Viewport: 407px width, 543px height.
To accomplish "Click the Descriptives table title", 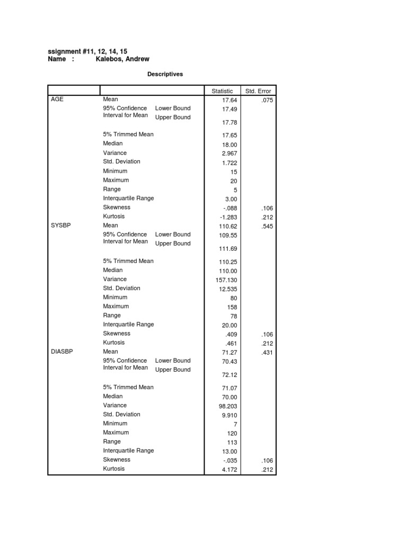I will pyautogui.click(x=165, y=74).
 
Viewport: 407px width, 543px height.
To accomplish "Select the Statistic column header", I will pyautogui.click(x=222, y=91).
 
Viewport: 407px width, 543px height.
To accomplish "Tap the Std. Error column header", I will pyautogui.click(x=258, y=91).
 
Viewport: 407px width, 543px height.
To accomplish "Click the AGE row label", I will pyautogui.click(x=57, y=99).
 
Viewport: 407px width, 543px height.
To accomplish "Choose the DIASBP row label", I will pyautogui.click(x=62, y=352).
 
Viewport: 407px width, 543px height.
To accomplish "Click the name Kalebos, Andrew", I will pyautogui.click(x=122, y=59).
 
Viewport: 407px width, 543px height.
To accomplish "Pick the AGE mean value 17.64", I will pyautogui.click(x=229, y=100).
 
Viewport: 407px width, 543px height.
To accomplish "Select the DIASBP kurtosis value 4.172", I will pyautogui.click(x=229, y=469).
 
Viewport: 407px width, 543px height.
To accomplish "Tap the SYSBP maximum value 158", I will pyautogui.click(x=232, y=307).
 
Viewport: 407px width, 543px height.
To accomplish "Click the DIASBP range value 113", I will pyautogui.click(x=232, y=442).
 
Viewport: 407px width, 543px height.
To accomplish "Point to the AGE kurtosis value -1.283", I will pyautogui.click(x=228, y=217).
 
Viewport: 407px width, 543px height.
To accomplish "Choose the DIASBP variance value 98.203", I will pyautogui.click(x=228, y=406).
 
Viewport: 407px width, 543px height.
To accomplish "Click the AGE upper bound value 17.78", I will pyautogui.click(x=229, y=122).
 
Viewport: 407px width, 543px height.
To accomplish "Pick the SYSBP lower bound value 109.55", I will pyautogui.click(x=228, y=235).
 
